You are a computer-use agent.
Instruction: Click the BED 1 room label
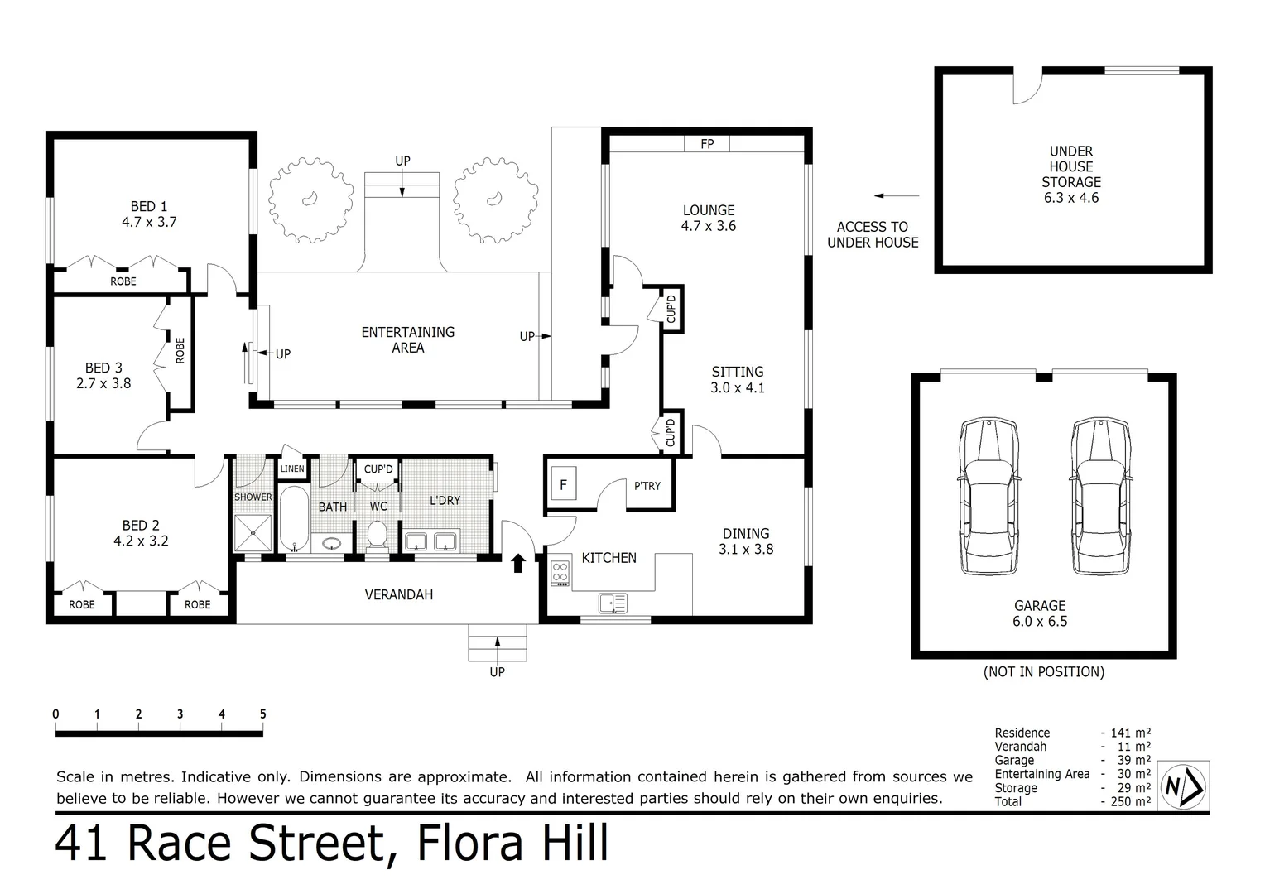[x=149, y=214]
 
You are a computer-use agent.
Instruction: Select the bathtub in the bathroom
[x=293, y=519]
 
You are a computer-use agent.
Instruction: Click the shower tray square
[x=253, y=533]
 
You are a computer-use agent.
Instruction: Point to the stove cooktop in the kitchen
[x=560, y=573]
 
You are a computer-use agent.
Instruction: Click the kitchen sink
[x=613, y=603]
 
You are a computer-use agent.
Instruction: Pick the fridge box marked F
[x=563, y=485]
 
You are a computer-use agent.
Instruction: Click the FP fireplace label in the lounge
[x=707, y=144]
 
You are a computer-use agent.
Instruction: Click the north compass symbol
[x=1184, y=786]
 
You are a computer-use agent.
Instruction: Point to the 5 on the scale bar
[x=262, y=714]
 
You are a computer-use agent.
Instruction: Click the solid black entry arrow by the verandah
[x=518, y=564]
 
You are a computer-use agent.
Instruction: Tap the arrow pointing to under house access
[x=897, y=196]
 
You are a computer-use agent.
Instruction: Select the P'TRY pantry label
[x=647, y=486]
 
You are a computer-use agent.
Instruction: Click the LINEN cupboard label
[x=292, y=469]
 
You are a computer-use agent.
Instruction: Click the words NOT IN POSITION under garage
[x=1043, y=672]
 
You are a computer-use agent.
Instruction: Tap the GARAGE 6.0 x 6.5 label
[x=1040, y=613]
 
